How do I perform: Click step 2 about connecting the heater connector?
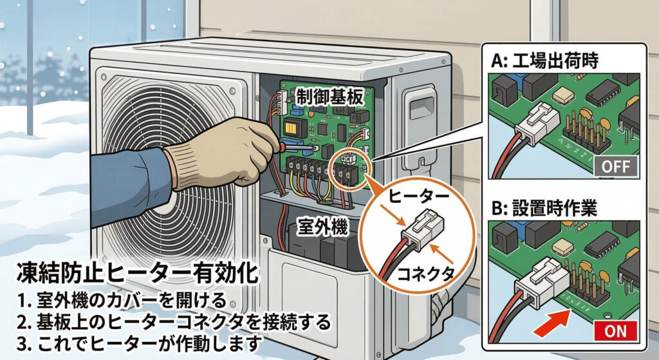point(173,321)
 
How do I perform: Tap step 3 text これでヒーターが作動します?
point(138,342)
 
